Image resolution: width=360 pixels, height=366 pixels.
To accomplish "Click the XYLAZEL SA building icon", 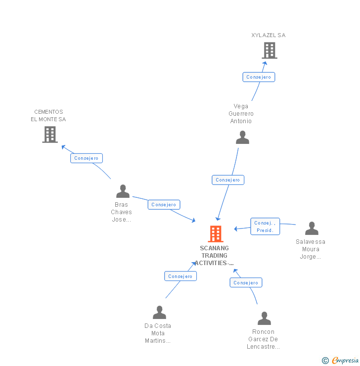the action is click(269, 50).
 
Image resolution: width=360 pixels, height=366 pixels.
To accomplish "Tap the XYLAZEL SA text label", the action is click(269, 35).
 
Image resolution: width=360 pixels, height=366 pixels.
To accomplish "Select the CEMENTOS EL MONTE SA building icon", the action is click(50, 135).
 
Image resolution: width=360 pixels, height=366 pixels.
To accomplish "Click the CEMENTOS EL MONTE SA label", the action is click(48, 116).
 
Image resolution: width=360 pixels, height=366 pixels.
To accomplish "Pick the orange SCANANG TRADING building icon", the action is click(216, 233).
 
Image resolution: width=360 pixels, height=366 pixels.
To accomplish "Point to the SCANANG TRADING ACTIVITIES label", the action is click(214, 256).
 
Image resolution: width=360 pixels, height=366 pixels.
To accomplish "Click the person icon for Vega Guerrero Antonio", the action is click(242, 137).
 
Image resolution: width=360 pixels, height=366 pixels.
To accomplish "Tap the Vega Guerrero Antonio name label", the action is click(241, 114).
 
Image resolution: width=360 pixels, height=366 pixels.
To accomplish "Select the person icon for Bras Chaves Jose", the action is click(123, 191).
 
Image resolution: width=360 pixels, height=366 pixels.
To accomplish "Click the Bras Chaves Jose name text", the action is click(122, 212).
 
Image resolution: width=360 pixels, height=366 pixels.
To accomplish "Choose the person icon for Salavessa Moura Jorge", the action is click(312, 229).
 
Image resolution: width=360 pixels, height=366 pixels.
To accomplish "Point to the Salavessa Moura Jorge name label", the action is click(311, 249).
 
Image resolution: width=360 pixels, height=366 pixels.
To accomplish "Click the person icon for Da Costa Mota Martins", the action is click(159, 313).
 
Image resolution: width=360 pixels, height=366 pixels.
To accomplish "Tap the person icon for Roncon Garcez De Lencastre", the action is click(264, 319).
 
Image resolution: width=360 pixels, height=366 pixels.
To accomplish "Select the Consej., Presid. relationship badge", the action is click(265, 227).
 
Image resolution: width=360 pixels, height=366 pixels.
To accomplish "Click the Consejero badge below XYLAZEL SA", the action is click(259, 77).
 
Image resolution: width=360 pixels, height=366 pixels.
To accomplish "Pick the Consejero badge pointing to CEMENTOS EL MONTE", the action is click(87, 158).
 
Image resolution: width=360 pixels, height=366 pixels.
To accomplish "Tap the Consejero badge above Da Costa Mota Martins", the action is click(180, 276).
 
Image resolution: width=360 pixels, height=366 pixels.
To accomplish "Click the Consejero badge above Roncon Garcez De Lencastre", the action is click(246, 283).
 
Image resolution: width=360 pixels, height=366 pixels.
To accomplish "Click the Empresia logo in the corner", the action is click(341, 361).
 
